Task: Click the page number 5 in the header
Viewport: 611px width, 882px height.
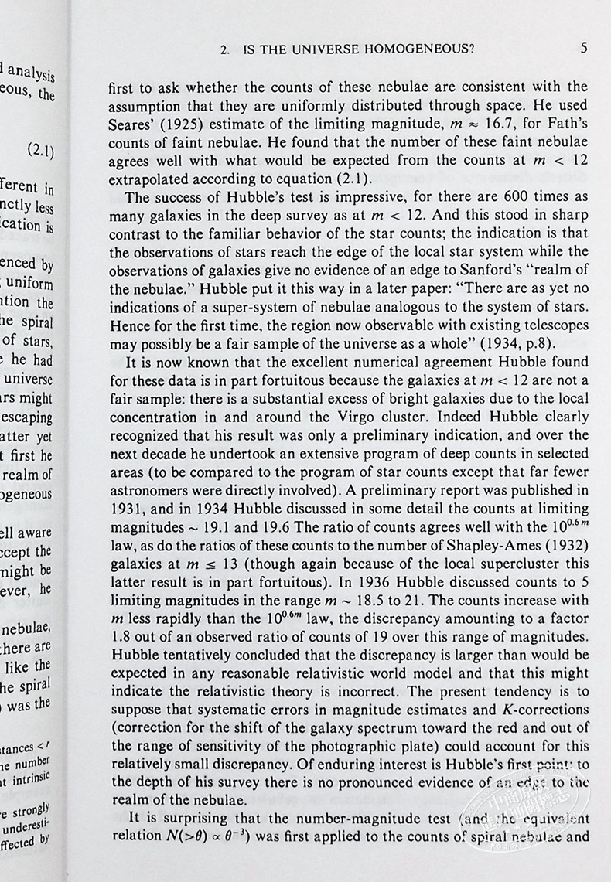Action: [583, 48]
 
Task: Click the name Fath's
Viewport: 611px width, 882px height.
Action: [567, 104]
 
